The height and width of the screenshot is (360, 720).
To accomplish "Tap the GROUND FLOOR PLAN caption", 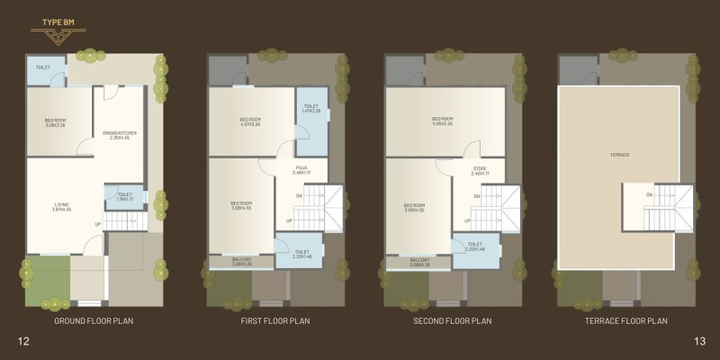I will pyautogui.click(x=94, y=320).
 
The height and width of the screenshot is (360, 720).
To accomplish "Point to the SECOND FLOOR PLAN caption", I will pyautogui.click(x=453, y=320).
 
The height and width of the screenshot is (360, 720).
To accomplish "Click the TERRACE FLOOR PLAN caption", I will pyautogui.click(x=626, y=320).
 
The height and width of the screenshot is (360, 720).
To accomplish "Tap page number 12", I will pyautogui.click(x=23, y=340).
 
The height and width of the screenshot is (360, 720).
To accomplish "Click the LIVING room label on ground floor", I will pyautogui.click(x=61, y=206).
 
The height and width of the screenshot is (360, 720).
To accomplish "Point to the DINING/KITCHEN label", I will pyautogui.click(x=120, y=134).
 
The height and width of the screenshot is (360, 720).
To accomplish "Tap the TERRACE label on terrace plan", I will pyautogui.click(x=619, y=155).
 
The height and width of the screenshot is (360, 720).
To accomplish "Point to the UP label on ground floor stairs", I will pyautogui.click(x=97, y=224).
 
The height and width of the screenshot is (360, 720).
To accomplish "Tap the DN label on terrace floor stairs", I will pyautogui.click(x=649, y=195).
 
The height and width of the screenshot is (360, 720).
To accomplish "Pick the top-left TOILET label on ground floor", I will pyautogui.click(x=43, y=68).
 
